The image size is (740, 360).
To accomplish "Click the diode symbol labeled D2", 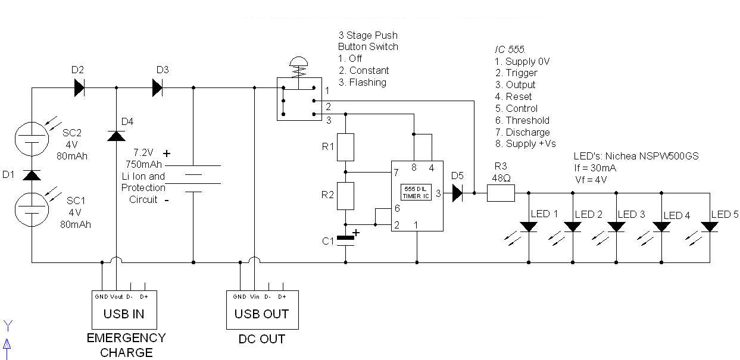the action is tap(79, 88).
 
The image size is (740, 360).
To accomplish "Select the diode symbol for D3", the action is tap(157, 88).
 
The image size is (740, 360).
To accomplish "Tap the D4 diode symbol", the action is tap(116, 136).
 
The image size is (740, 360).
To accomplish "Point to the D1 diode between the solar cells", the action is tap(32, 176).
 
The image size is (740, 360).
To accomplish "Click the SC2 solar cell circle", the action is tap(32, 139).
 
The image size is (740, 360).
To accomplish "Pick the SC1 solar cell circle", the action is tap(32, 209).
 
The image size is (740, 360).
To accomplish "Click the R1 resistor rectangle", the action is tap(345, 148).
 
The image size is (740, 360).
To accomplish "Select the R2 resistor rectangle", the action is tap(345, 196).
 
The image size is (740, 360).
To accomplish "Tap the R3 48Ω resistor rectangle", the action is tap(501, 193).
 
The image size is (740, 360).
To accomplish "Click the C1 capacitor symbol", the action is tap(345, 241).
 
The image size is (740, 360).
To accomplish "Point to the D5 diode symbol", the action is tap(458, 193).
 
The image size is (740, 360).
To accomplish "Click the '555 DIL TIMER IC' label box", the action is tap(416, 192).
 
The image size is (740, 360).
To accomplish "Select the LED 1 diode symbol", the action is tap(529, 227).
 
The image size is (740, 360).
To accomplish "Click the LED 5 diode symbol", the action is tap(710, 227).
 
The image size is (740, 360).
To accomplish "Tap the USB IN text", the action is tap(124, 314).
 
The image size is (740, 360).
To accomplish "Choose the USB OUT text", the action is tap(261, 314).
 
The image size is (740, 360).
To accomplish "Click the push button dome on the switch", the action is tap(299, 61).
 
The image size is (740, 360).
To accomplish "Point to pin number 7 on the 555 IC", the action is tap(396, 173).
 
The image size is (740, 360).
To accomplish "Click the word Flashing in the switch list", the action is tap(368, 82).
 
